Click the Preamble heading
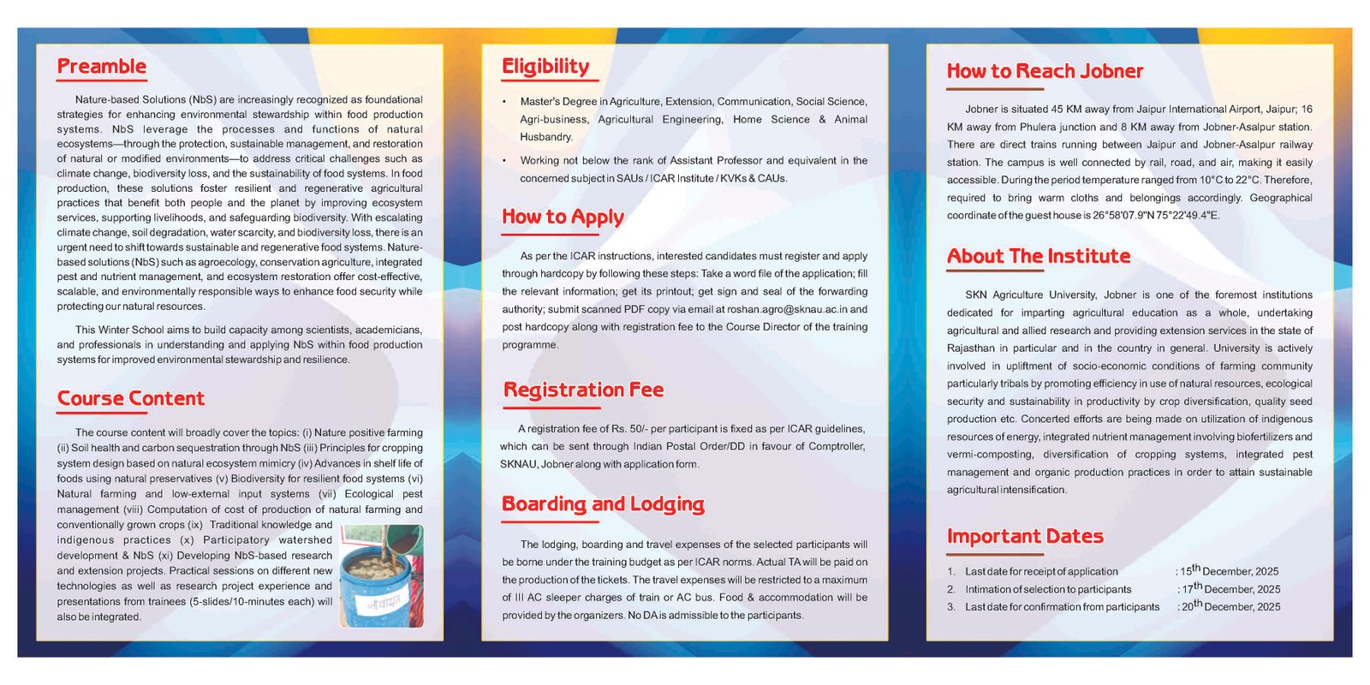point(101,67)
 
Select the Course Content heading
point(131,399)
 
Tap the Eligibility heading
point(545,67)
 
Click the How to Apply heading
point(563,217)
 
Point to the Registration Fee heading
point(583,390)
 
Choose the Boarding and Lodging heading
point(603,504)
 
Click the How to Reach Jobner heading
point(1045,72)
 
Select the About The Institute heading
point(1039,257)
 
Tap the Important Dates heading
point(1025,537)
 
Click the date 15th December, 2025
point(1230,571)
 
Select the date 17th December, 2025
point(1230,589)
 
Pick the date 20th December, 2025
point(1230,606)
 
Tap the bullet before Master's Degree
point(505,102)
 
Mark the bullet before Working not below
point(505,161)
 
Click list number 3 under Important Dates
point(950,607)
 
